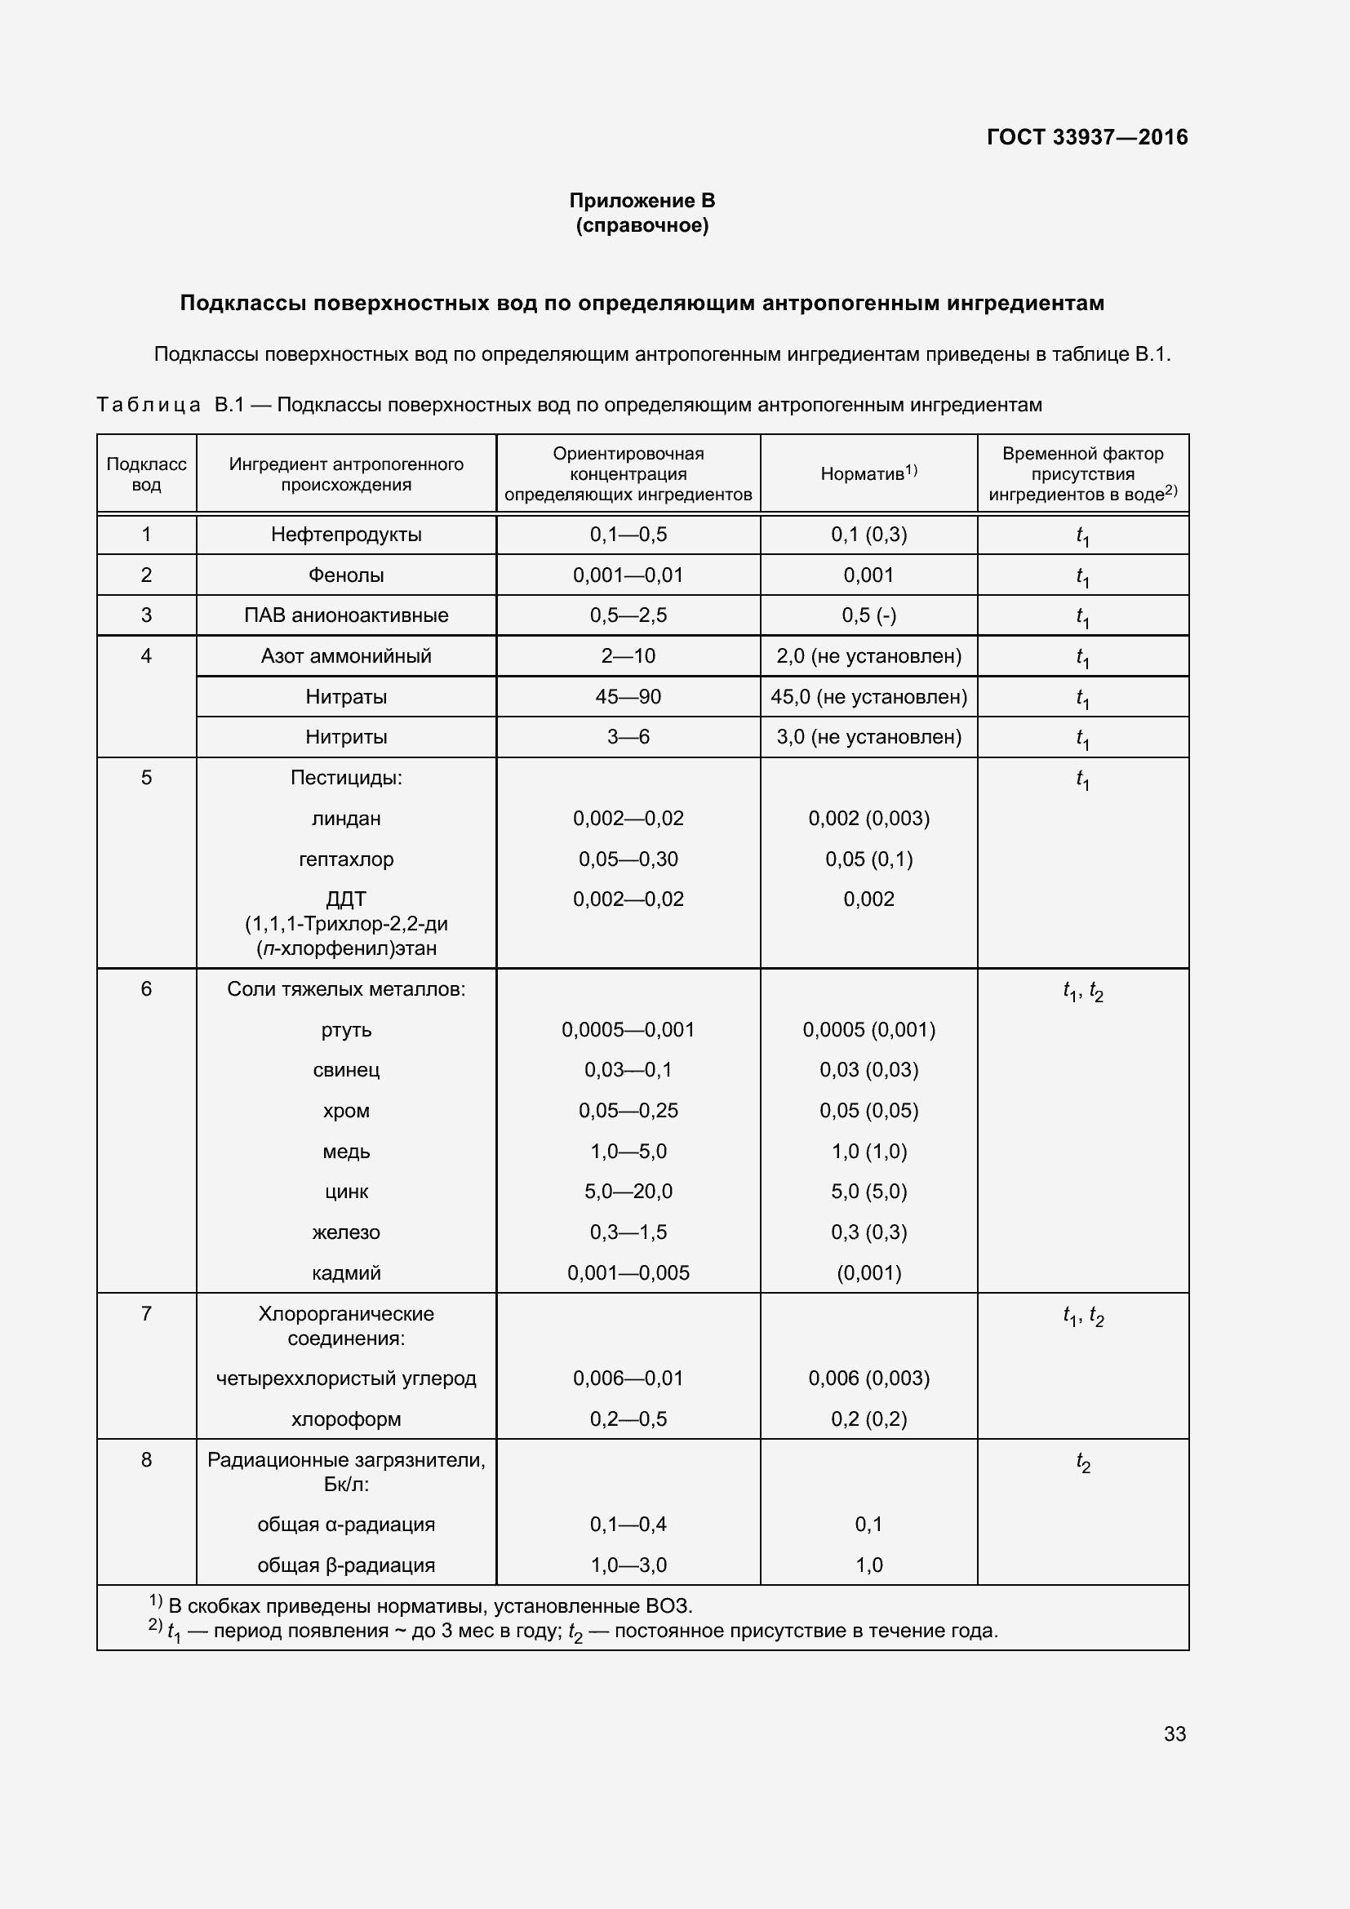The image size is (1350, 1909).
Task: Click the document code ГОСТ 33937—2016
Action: tap(1086, 137)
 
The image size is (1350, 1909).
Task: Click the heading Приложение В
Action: tap(642, 201)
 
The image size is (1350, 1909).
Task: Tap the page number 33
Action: tap(1175, 1734)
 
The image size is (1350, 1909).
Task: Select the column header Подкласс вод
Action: tap(146, 474)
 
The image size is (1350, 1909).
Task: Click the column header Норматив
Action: tap(868, 474)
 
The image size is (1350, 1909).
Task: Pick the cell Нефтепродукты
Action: tap(346, 535)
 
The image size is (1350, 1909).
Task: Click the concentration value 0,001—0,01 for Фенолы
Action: tap(628, 575)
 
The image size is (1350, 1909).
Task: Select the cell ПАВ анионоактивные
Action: tap(346, 615)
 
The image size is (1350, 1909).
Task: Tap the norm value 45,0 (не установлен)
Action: tap(868, 697)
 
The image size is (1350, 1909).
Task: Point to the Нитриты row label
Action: tap(346, 737)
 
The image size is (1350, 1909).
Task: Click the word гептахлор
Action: tap(346, 859)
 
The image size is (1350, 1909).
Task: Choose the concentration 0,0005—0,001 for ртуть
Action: tap(628, 1029)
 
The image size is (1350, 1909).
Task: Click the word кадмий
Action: tap(346, 1273)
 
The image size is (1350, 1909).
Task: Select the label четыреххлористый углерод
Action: tap(346, 1378)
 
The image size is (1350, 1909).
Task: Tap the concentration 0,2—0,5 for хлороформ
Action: tap(628, 1418)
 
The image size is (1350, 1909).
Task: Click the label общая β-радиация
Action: tap(346, 1565)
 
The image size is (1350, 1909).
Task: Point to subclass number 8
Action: tap(146, 1460)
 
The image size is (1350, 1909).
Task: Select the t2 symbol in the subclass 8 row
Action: tap(1082, 1463)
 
